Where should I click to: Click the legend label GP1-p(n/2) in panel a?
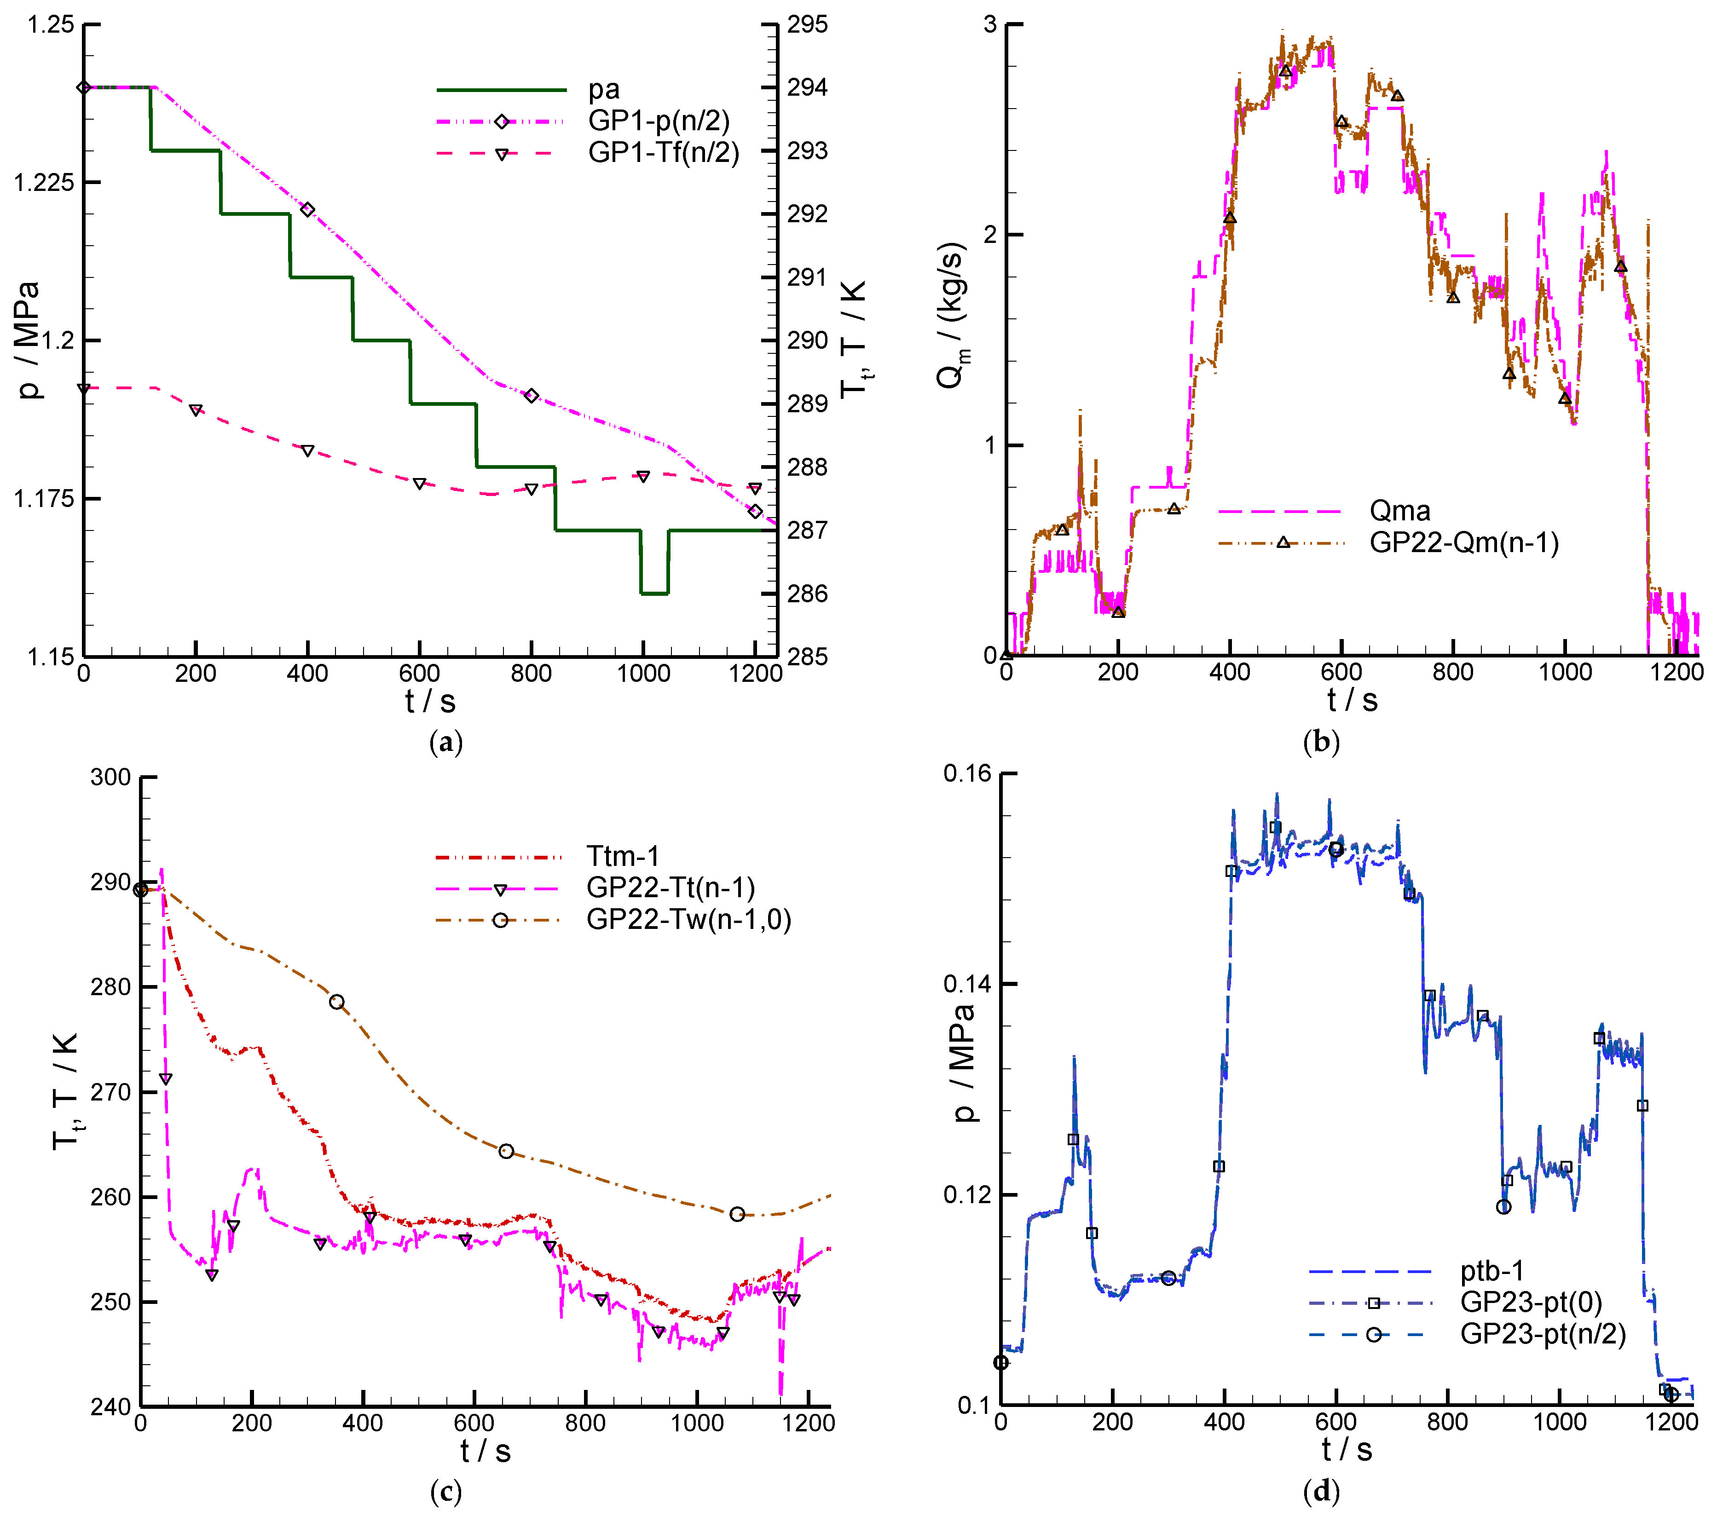(659, 121)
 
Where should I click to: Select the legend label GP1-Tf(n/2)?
(664, 153)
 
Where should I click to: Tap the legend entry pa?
(603, 89)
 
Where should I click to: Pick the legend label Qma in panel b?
(1399, 511)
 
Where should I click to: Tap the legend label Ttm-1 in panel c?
(623, 857)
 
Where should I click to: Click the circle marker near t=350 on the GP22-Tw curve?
(337, 1002)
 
